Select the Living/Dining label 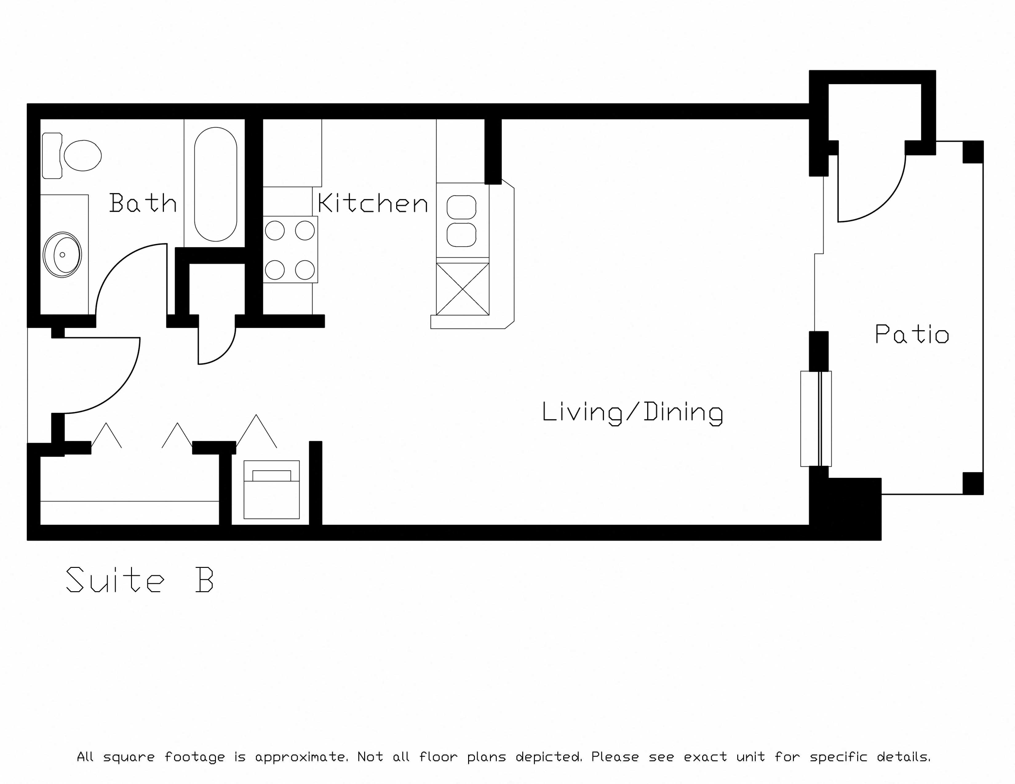[632, 412]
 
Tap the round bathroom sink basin [62, 255]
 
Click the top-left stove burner [275, 231]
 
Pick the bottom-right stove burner [305, 270]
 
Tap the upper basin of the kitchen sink [461, 207]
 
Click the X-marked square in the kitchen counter [462, 289]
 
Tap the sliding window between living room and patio [816, 418]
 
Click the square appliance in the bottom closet [271, 489]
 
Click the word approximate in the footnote [301, 757]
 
